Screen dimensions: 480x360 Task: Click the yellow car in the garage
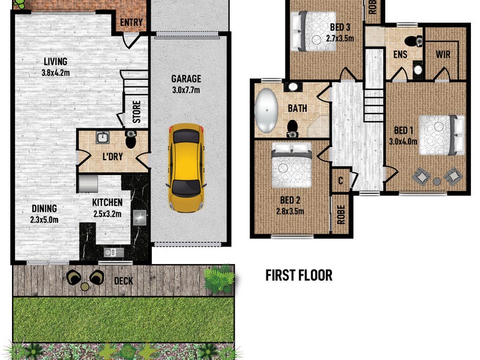(x=186, y=167)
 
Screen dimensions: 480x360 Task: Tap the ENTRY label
(x=131, y=22)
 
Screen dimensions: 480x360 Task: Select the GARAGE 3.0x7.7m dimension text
(x=186, y=90)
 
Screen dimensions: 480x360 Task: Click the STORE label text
(x=137, y=112)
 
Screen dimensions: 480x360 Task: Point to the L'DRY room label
(x=113, y=157)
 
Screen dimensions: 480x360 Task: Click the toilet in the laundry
(x=131, y=139)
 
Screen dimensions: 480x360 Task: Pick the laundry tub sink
(x=103, y=137)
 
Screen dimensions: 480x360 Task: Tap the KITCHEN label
(x=107, y=202)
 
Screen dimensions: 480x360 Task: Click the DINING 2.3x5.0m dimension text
(x=44, y=220)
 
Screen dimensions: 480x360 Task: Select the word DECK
(x=124, y=281)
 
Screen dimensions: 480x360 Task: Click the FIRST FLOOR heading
(x=299, y=275)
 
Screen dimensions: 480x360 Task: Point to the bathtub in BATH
(x=266, y=110)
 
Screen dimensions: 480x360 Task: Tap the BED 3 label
(x=340, y=27)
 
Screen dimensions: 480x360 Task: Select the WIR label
(x=443, y=55)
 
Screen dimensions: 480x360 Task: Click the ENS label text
(x=400, y=55)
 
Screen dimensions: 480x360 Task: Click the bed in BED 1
(x=442, y=135)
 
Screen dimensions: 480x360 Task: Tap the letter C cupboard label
(x=340, y=181)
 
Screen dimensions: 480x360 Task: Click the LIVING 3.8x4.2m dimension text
(x=55, y=73)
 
